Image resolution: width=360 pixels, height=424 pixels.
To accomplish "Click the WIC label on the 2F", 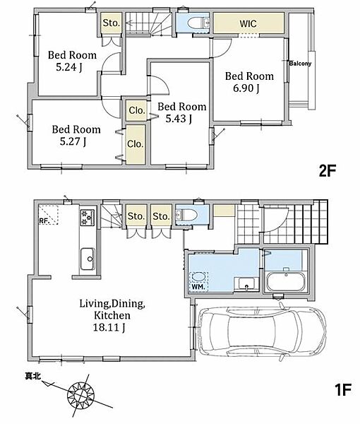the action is click(248, 23).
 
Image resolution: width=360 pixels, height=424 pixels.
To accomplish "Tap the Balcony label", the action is click(300, 64).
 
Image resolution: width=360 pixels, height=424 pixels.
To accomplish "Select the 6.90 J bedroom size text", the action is click(246, 88).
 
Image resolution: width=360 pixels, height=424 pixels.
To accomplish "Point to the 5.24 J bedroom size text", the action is click(69, 67).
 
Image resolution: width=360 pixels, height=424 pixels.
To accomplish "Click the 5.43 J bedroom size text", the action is click(179, 119).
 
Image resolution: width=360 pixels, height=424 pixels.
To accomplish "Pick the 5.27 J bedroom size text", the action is click(73, 142).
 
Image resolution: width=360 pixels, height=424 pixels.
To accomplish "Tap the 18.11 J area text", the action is click(109, 328).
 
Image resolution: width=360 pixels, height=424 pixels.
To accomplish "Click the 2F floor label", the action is click(328, 171).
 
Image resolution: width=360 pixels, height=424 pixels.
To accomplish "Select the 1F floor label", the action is click(343, 389).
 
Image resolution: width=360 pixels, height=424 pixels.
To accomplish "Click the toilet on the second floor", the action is click(196, 23).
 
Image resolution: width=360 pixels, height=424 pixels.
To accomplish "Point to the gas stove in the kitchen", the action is click(88, 218).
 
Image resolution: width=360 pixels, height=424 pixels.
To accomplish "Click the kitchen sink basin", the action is click(88, 259).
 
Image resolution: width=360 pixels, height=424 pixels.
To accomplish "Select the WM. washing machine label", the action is click(198, 287).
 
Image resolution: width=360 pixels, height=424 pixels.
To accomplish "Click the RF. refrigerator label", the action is click(44, 221).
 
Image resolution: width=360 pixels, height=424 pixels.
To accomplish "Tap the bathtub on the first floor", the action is click(285, 282).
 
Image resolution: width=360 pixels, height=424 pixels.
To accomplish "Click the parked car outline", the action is click(262, 331).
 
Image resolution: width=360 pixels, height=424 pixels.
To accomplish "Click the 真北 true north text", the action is click(32, 376).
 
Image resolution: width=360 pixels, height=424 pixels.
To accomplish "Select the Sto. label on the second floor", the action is click(111, 23).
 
